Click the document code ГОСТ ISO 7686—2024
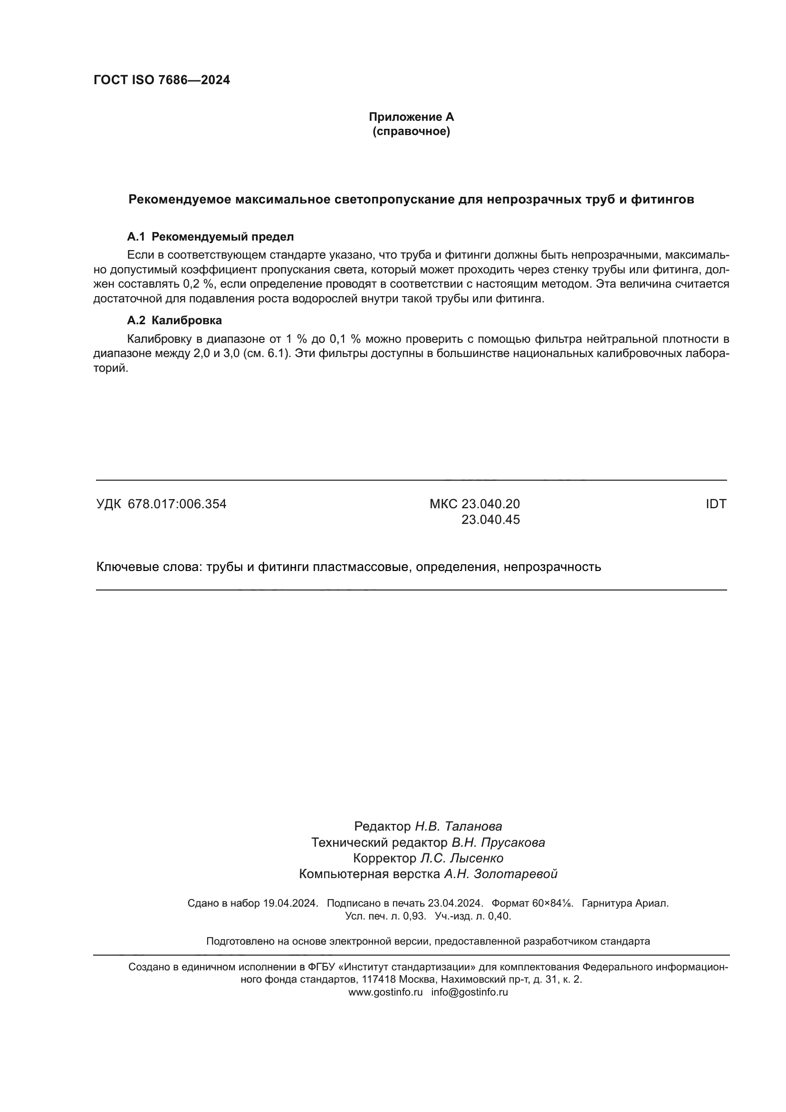161,80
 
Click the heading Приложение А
411,117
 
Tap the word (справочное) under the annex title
411,131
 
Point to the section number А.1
136,237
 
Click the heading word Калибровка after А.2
186,320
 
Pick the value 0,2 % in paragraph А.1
200,284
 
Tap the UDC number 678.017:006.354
177,504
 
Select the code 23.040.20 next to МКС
490,504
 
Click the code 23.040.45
490,520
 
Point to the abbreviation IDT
716,504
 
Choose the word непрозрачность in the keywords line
552,567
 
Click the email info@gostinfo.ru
470,951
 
